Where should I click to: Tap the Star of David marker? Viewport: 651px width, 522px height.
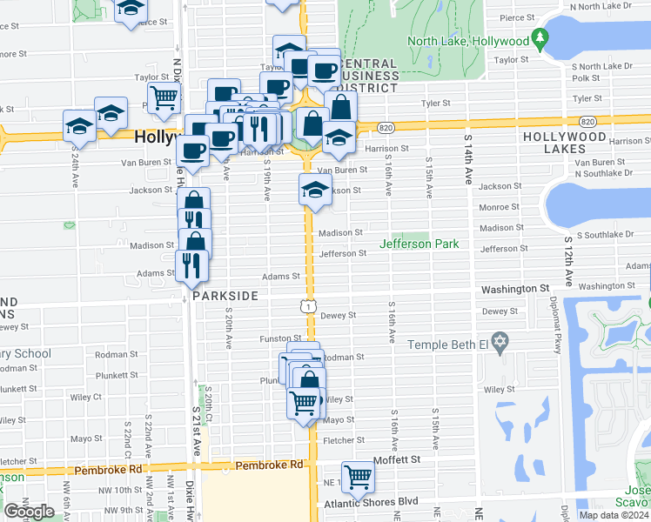pyautogui.click(x=499, y=344)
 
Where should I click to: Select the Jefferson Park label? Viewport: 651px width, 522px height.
pyautogui.click(x=423, y=244)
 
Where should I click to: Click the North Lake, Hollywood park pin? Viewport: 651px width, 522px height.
pyautogui.click(x=541, y=39)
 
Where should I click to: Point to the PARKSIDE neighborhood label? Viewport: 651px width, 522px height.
pyautogui.click(x=225, y=296)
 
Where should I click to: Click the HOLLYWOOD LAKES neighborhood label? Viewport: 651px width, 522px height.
pyautogui.click(x=564, y=143)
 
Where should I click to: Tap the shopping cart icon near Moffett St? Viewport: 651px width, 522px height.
pyautogui.click(x=357, y=476)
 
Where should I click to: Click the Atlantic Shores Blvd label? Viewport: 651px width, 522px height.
pyautogui.click(x=372, y=502)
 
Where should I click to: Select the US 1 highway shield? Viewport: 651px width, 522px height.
pyautogui.click(x=307, y=305)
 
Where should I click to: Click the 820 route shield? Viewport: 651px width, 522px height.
pyautogui.click(x=386, y=128)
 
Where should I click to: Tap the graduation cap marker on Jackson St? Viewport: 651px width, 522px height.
pyautogui.click(x=314, y=190)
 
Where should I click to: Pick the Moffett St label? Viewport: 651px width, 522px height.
pyautogui.click(x=397, y=458)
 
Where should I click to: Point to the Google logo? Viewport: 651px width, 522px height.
pyautogui.click(x=29, y=512)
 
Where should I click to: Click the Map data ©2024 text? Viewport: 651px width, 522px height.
pyautogui.click(x=614, y=515)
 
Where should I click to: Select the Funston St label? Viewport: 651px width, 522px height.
pyautogui.click(x=280, y=338)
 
